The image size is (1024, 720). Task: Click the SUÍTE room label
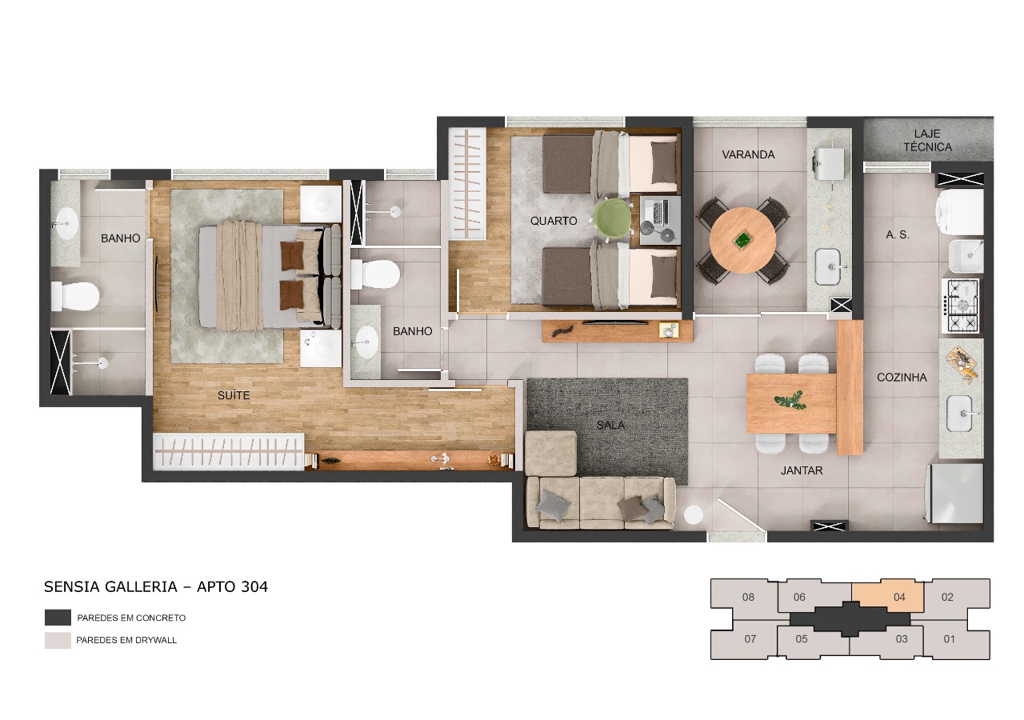coord(234,395)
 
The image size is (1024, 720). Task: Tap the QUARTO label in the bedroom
coord(553,221)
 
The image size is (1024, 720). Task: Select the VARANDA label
coord(748,154)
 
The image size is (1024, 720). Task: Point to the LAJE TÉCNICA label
coord(927,140)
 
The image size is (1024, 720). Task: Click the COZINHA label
coord(902,377)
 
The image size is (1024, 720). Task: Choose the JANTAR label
coord(802,470)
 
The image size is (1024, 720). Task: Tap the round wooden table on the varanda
coord(742,240)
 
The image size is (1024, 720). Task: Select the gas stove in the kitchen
coord(962,306)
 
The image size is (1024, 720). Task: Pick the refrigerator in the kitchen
coord(955,493)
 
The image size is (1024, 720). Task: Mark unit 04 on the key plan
coord(887,596)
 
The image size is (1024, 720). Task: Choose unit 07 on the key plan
coord(750,638)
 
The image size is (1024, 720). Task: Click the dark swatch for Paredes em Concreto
coord(58,618)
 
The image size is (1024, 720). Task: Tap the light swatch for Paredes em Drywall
coord(58,640)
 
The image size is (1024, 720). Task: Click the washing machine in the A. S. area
coord(960,212)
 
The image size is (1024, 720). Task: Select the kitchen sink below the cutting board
coord(961,413)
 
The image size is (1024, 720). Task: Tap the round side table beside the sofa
coord(694,515)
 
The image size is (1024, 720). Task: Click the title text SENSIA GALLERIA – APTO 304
coord(156,586)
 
